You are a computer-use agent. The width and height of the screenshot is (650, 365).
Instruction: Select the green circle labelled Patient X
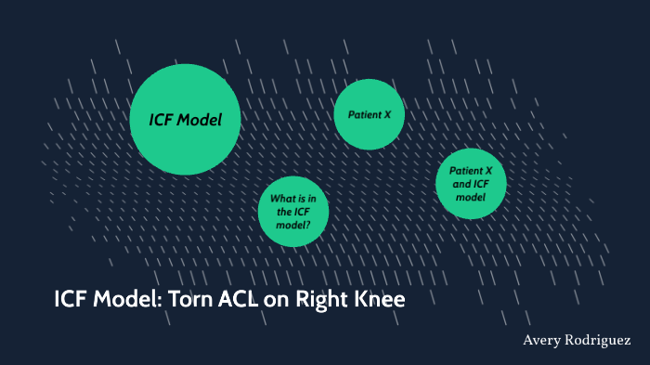click(370, 114)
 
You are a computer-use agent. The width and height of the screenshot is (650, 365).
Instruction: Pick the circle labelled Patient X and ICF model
click(471, 184)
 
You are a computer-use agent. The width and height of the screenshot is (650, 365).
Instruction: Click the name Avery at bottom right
click(543, 342)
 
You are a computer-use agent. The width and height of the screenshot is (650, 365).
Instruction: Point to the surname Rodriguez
click(599, 342)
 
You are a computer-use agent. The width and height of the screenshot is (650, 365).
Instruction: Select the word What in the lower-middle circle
click(281, 199)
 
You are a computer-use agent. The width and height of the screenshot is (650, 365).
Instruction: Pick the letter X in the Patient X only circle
click(387, 114)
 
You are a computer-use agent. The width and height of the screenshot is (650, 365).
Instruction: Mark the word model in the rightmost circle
click(471, 197)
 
